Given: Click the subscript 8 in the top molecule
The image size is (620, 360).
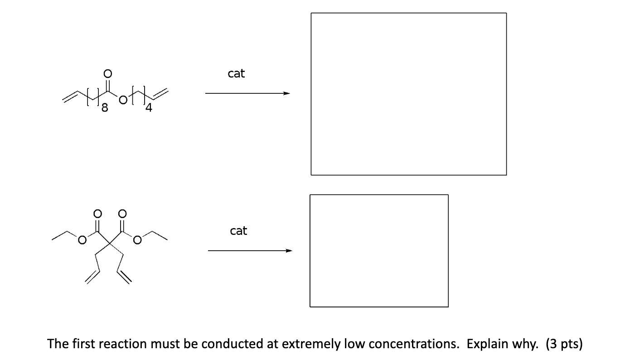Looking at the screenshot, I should tap(105, 108).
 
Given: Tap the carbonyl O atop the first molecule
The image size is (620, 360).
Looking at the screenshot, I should tap(107, 73).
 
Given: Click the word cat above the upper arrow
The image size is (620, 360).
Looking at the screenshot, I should tap(236, 73).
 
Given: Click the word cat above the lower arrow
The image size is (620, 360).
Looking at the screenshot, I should tap(238, 231).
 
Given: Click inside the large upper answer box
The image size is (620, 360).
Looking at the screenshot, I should tap(408, 94).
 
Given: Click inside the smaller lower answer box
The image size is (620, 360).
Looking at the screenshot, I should tap(379, 250).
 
